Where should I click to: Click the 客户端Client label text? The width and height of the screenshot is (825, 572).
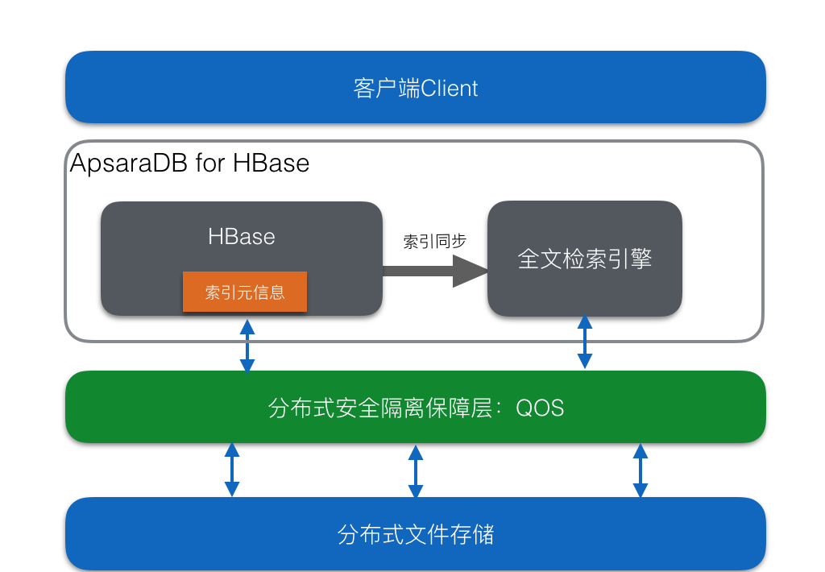click(415, 88)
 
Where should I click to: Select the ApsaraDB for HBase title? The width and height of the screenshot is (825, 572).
click(189, 163)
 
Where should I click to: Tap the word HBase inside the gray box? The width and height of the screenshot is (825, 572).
click(242, 237)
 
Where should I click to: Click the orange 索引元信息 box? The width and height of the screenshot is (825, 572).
click(245, 292)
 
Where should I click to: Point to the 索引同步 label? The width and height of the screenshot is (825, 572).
click(434, 242)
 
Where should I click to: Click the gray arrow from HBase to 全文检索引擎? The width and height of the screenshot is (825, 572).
click(435, 271)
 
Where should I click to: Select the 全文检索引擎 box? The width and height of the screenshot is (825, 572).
click(585, 259)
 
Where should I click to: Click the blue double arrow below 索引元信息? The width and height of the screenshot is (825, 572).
click(247, 346)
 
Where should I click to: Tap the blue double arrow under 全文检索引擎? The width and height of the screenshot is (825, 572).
click(585, 342)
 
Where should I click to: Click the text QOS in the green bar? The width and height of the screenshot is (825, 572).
click(540, 408)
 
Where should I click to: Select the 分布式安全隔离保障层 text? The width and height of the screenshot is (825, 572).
click(380, 408)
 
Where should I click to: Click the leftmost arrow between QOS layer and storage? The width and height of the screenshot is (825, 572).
click(232, 470)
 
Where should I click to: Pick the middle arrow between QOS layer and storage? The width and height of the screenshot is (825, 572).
click(416, 471)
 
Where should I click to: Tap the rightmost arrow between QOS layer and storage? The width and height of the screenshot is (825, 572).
click(641, 470)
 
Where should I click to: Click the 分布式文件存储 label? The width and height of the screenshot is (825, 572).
click(416, 535)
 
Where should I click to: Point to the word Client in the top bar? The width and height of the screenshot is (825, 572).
click(449, 89)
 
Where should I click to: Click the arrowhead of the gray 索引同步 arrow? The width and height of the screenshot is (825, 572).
click(471, 271)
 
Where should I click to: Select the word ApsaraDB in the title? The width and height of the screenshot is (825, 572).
click(128, 163)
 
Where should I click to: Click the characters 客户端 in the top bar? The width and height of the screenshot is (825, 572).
click(387, 88)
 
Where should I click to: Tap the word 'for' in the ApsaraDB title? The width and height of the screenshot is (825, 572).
click(210, 163)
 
